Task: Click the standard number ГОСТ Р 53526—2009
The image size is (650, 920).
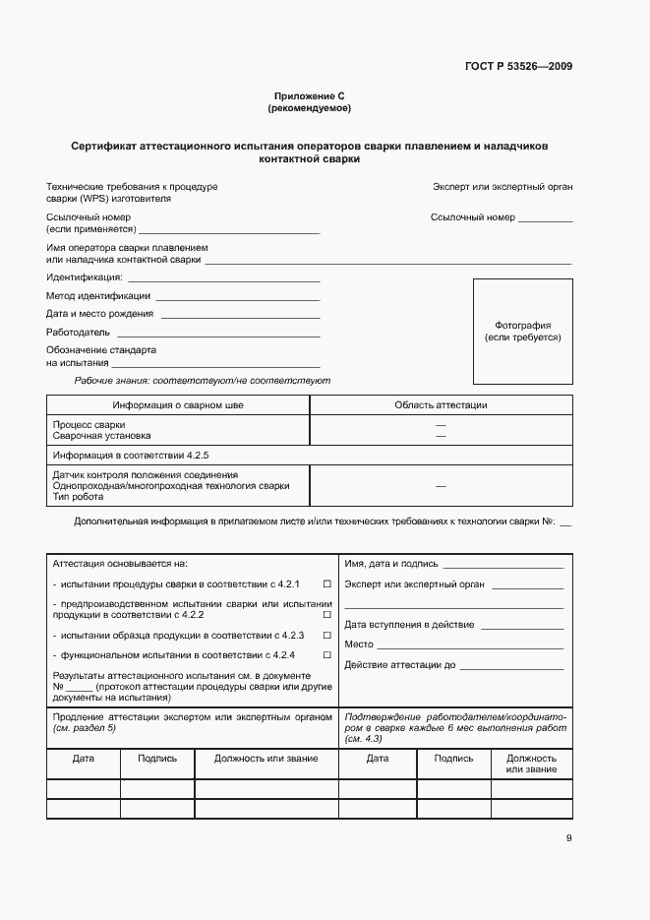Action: (x=518, y=67)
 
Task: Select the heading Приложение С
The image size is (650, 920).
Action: (x=310, y=96)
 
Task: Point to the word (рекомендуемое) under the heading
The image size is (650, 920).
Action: (x=310, y=107)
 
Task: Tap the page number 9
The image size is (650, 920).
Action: (x=568, y=838)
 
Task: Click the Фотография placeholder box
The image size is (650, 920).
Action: (x=522, y=332)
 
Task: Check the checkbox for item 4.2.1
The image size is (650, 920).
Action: (x=326, y=584)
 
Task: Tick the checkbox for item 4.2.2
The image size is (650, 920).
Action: (x=326, y=615)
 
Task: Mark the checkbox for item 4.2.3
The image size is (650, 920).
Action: (x=326, y=636)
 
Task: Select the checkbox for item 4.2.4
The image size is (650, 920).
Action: (x=326, y=654)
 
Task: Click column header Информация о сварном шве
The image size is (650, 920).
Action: (x=178, y=404)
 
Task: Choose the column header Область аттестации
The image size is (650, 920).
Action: (x=441, y=404)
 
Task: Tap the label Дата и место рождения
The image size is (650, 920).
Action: (x=99, y=314)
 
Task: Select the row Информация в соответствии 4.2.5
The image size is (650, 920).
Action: (x=131, y=456)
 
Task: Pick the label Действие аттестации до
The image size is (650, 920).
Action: (x=400, y=665)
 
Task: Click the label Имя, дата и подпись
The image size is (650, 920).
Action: (x=390, y=564)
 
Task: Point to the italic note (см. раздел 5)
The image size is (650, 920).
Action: (x=84, y=728)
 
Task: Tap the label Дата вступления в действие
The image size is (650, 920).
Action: (x=409, y=625)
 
